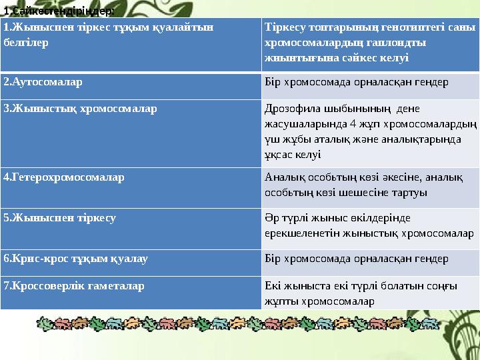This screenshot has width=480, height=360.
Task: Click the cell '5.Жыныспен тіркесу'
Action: (60, 217)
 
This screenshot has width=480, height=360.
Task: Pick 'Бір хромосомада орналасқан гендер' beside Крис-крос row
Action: (356, 257)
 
